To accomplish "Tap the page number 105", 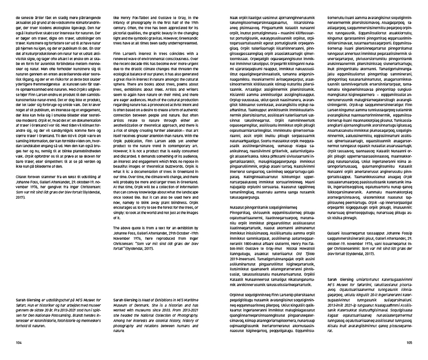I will pos(409,342).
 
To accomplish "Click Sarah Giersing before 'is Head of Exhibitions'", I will pos(127,300).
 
